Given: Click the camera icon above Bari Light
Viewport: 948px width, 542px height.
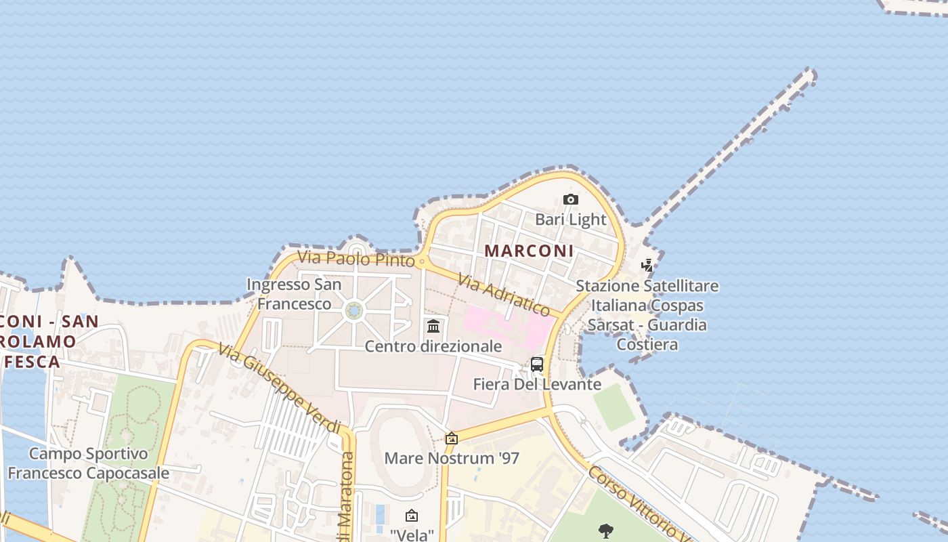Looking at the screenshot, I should (x=571, y=199).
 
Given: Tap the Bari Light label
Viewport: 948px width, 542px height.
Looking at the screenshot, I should (x=571, y=220).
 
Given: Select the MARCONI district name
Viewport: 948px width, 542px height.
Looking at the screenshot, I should (x=529, y=251).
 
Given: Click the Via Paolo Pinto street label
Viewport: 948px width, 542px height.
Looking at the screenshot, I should (x=355, y=259).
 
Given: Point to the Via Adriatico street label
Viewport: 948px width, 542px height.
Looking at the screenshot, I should (x=503, y=295).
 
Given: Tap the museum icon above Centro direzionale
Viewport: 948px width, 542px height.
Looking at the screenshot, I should (x=433, y=327).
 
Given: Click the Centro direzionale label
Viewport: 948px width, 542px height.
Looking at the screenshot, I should (x=433, y=346).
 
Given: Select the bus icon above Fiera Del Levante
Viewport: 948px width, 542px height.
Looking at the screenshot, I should (x=537, y=364).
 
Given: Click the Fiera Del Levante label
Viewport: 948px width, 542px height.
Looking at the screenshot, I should (x=537, y=384).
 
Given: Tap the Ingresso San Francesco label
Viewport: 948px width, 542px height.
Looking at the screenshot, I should (x=294, y=294).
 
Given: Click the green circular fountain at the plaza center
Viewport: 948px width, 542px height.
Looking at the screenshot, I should (x=353, y=311).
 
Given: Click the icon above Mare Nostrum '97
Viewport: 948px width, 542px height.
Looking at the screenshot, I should (x=451, y=438).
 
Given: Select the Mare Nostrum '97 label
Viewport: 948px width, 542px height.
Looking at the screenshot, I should (x=452, y=458).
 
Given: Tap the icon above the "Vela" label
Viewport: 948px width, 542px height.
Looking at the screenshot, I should (x=411, y=516).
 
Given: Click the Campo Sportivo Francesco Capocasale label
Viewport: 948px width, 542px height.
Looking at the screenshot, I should (x=88, y=463).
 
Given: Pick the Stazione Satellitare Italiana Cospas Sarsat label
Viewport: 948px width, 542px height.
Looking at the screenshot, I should (x=647, y=315).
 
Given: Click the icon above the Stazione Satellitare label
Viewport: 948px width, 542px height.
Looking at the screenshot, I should (x=647, y=266).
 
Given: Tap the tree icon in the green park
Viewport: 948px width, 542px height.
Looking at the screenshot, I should (x=606, y=530).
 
